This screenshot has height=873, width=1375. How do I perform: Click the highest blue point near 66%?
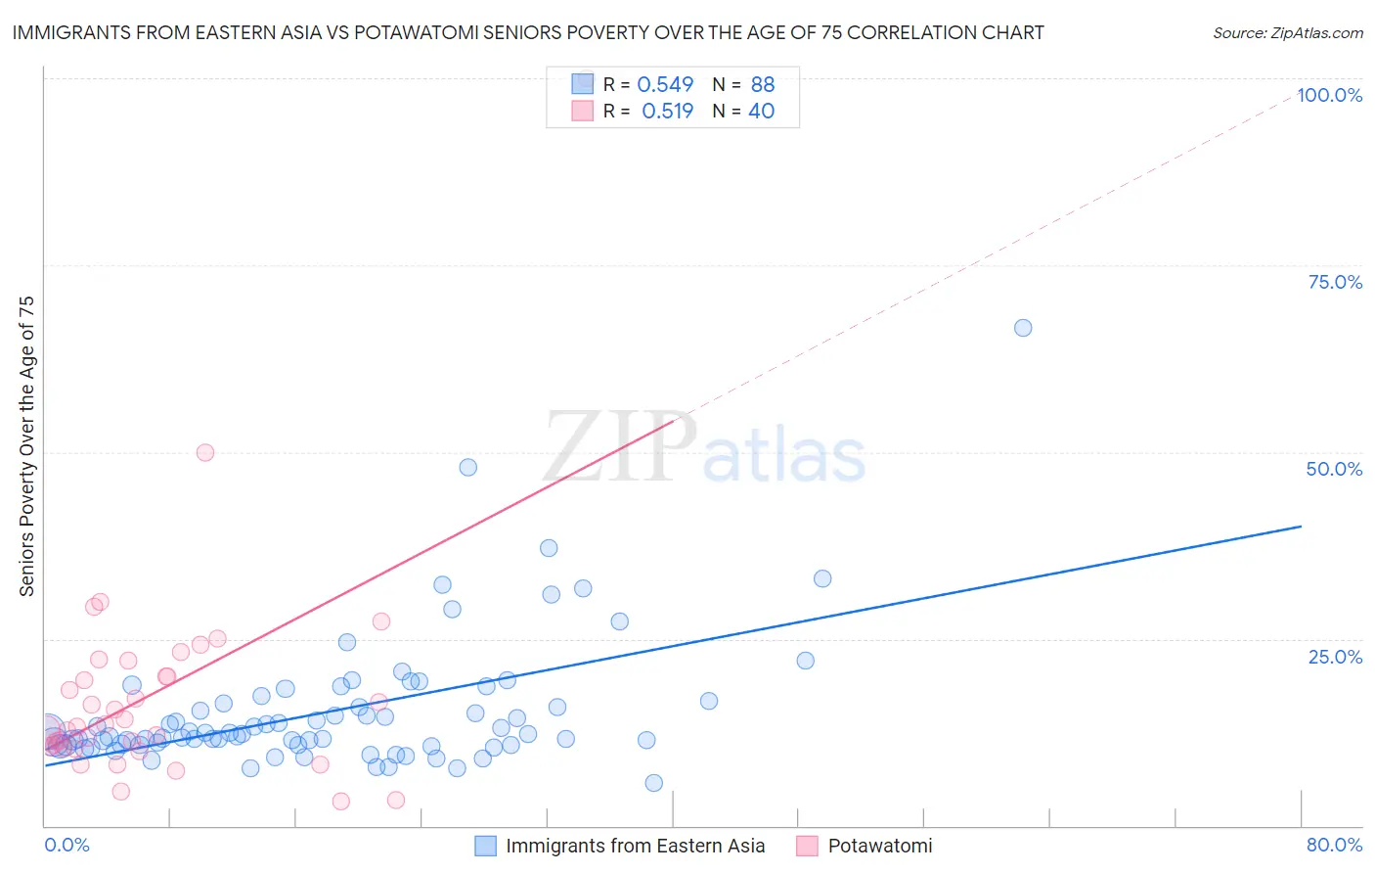tap(1023, 328)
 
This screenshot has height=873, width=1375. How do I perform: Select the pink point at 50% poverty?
tap(205, 452)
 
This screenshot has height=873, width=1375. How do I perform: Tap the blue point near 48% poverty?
tap(468, 468)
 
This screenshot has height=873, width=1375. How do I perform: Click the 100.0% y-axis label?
tap(1329, 95)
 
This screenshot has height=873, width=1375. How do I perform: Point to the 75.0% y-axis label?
tap(1335, 282)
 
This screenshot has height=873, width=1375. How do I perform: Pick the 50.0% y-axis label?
tap(1334, 469)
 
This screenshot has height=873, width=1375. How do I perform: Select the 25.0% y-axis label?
tap(1335, 657)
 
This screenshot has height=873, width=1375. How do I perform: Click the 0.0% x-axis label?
tap(67, 845)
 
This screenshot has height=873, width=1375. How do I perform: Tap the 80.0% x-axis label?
tap(1334, 845)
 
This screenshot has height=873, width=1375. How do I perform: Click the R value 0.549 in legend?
tap(665, 84)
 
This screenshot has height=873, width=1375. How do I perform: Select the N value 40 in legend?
tap(761, 111)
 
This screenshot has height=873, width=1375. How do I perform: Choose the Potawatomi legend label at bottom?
tap(879, 846)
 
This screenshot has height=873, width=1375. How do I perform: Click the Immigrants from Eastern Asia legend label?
tap(635, 846)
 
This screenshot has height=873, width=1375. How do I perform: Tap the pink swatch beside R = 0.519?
tap(583, 111)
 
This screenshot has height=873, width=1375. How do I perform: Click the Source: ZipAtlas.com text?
tap(1287, 32)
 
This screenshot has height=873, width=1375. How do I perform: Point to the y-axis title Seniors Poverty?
tap(26, 445)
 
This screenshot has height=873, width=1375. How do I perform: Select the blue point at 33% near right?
tap(822, 578)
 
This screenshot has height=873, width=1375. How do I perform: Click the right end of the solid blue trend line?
tap(1301, 527)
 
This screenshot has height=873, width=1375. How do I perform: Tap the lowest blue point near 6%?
tap(654, 783)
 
